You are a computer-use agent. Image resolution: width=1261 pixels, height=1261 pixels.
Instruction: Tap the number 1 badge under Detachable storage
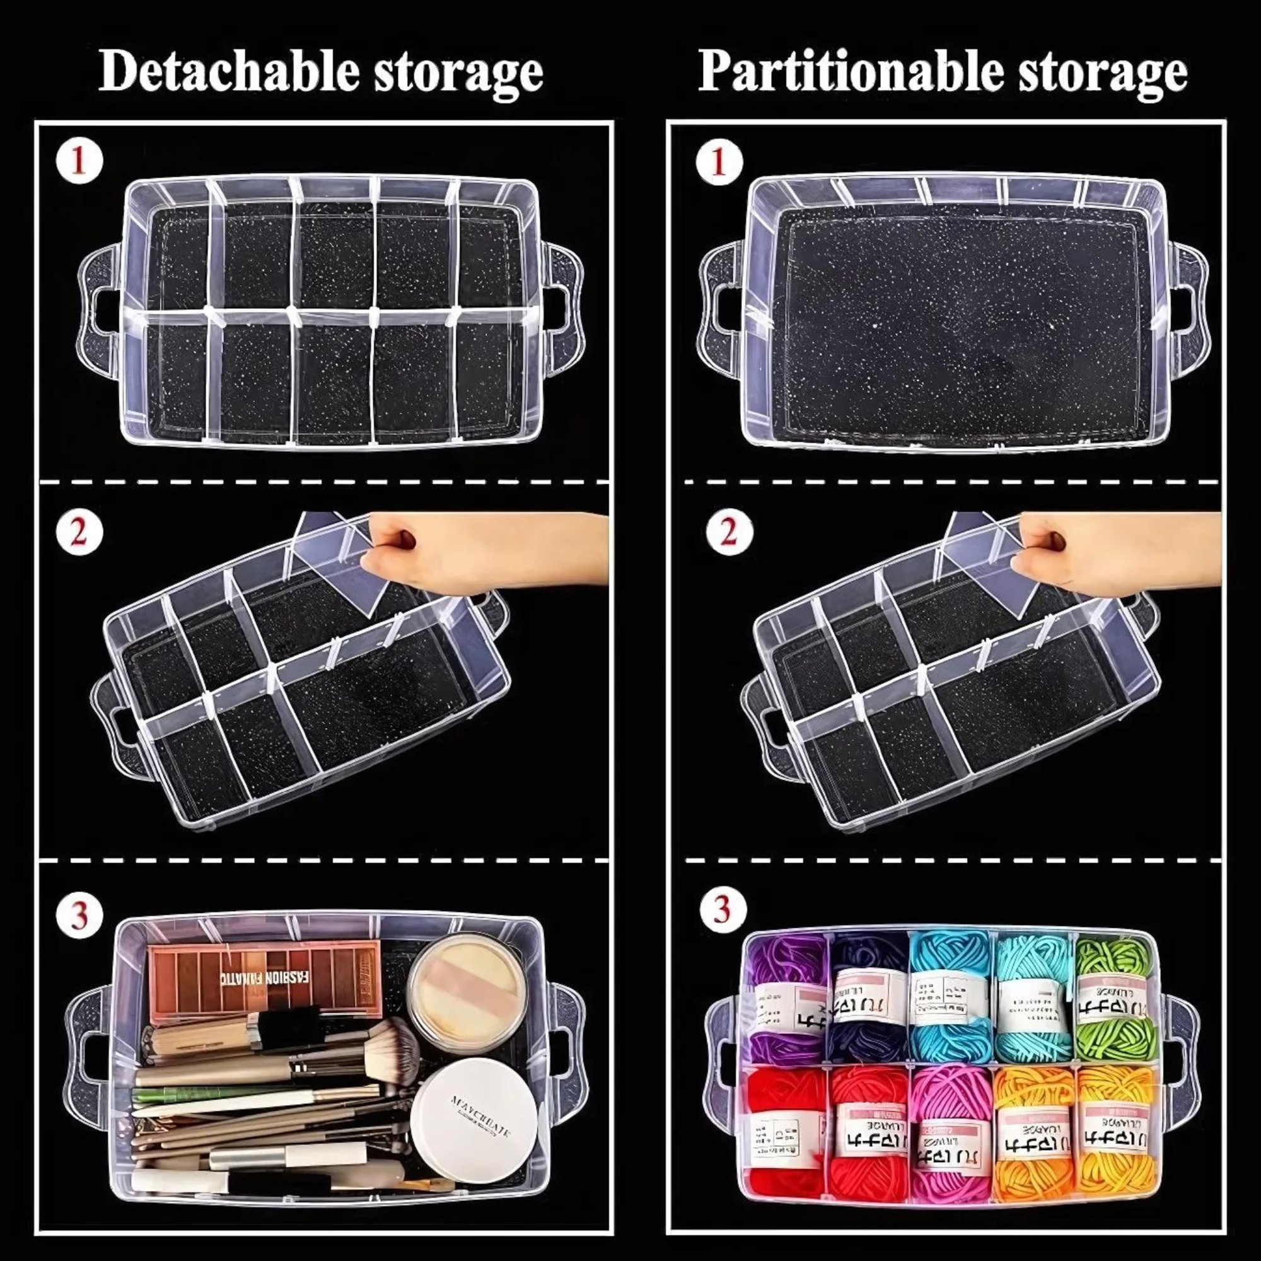click(x=79, y=161)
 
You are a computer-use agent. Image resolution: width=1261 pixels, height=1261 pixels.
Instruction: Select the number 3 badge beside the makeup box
click(x=79, y=914)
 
